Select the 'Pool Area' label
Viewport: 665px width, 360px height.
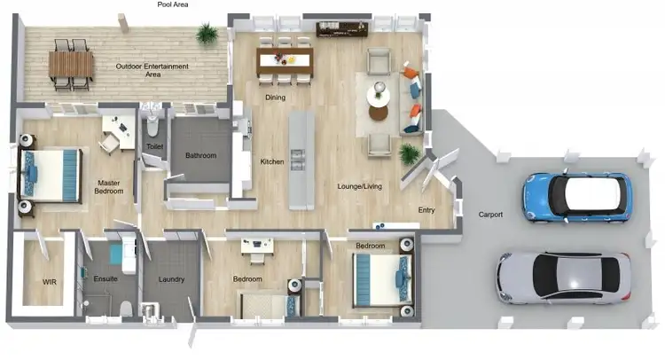coord(172,4)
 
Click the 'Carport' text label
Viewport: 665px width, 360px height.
coord(490,215)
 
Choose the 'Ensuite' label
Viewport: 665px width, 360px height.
coord(105,279)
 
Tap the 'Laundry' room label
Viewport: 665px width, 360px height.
coord(170,279)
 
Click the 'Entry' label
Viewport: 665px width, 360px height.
coord(426,210)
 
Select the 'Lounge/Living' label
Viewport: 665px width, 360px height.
coord(359,186)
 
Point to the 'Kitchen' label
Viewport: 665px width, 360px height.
coord(272,161)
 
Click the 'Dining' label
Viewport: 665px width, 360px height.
coord(275,97)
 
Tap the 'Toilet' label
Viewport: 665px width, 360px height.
coord(153,145)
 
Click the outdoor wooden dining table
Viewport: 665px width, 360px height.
coord(71,64)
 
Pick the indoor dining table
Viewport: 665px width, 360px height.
coord(285,60)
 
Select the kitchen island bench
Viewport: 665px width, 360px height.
coord(301,160)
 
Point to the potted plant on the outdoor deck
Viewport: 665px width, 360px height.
coord(207,34)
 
